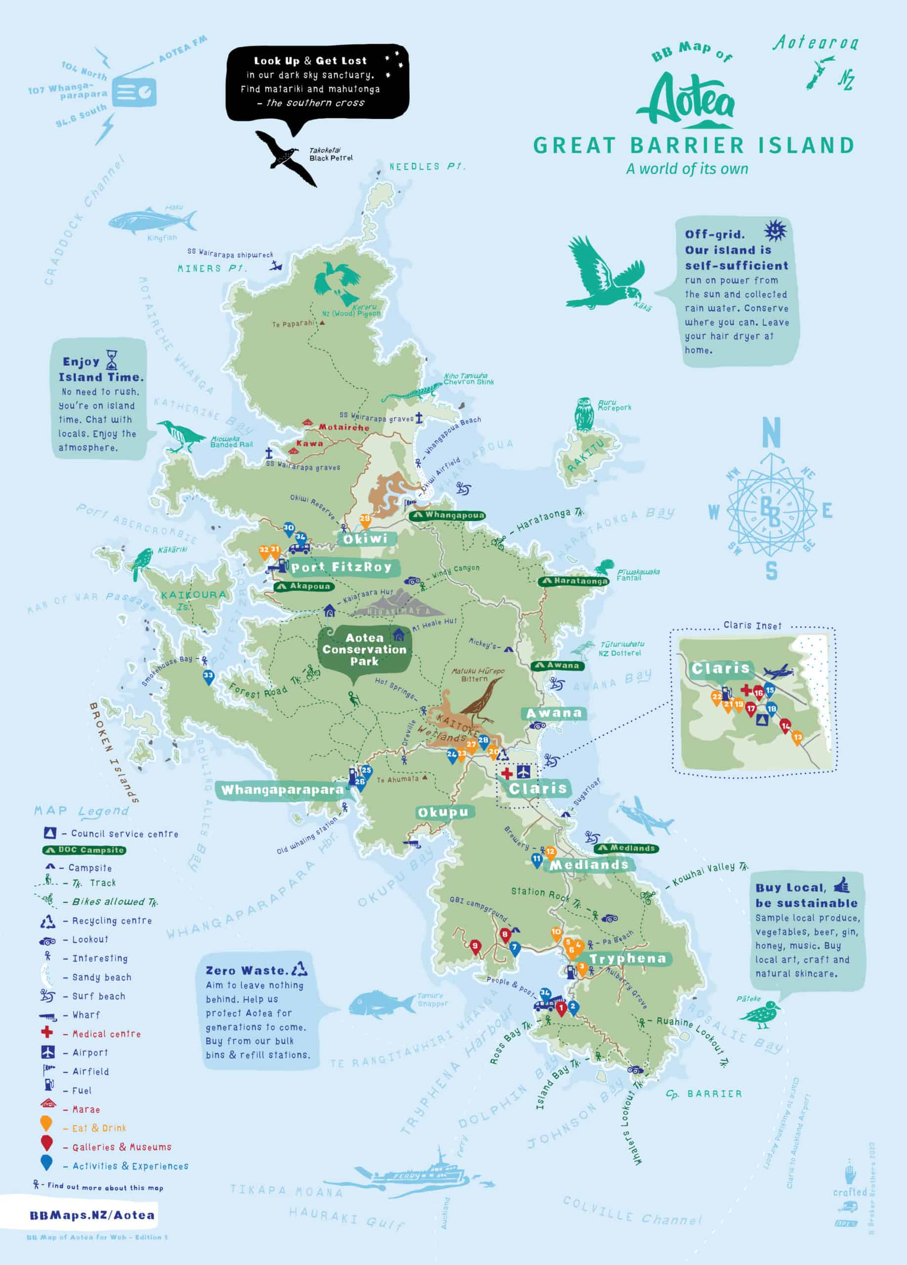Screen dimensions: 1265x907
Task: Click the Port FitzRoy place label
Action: [x=342, y=567]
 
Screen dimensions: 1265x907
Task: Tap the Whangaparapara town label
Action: [x=282, y=790]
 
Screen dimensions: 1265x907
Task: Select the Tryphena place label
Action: [x=628, y=959]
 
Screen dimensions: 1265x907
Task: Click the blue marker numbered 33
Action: [x=208, y=676]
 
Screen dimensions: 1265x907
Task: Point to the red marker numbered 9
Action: [x=475, y=946]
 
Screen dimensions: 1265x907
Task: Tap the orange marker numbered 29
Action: [x=365, y=520]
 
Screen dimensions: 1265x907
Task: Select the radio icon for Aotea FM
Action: [x=134, y=92]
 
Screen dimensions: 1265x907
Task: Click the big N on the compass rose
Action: [x=771, y=433]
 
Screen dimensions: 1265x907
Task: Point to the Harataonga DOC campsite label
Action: [x=574, y=581]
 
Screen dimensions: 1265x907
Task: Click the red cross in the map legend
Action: [x=47, y=1032]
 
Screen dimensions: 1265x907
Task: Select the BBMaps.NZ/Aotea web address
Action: [x=92, y=1215]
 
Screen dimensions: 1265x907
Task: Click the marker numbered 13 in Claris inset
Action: [x=798, y=737]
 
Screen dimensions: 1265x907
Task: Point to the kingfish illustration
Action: [x=152, y=219]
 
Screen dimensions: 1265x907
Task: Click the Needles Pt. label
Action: [x=427, y=167]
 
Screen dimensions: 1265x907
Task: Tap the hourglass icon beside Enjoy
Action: [x=113, y=360]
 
